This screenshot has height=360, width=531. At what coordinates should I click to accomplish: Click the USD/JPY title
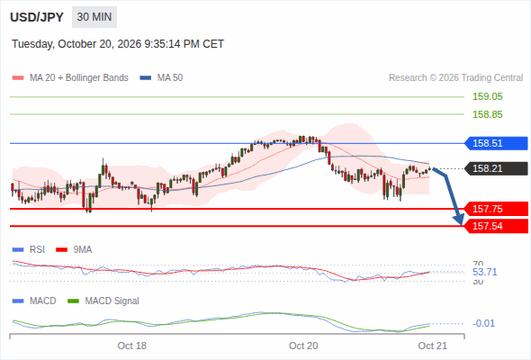pos(37,17)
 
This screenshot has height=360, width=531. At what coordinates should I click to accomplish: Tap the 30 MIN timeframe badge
pos(94,17)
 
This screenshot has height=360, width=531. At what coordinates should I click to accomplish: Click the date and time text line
pos(118,44)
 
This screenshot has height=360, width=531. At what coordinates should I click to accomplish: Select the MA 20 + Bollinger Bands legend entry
pos(70,78)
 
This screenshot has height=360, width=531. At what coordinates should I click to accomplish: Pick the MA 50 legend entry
pos(161,78)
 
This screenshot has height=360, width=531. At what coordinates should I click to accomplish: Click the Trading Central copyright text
pos(455,78)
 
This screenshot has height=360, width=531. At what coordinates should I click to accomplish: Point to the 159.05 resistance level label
pos(487,96)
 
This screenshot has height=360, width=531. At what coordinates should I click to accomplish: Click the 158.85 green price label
pos(487,114)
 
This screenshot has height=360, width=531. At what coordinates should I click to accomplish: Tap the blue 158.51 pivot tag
pos(496,143)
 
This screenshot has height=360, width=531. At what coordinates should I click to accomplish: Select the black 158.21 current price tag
pos(496,168)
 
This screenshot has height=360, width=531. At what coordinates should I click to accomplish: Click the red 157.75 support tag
pos(496,209)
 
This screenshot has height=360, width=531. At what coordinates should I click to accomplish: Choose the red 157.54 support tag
pos(496,226)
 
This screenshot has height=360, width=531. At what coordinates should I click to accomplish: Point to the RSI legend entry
pos(29,249)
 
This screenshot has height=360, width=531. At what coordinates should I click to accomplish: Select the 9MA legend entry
pos(74,249)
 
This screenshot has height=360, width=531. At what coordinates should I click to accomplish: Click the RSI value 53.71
pos(484,272)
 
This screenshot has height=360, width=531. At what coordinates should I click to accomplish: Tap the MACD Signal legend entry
pos(103,301)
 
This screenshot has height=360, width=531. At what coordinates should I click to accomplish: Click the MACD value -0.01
pos(483,323)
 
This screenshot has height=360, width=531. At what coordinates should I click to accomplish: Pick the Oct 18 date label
pos(131,346)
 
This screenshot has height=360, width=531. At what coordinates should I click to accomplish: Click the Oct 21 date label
pos(433,346)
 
